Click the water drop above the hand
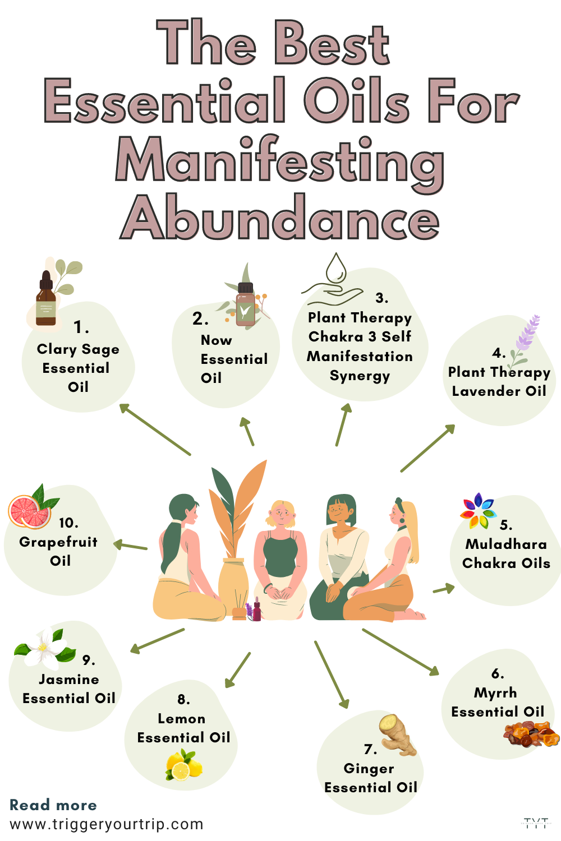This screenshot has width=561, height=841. [337, 267]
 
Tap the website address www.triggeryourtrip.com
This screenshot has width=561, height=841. [107, 824]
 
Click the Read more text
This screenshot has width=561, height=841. [53, 805]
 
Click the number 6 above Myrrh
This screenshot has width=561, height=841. [498, 673]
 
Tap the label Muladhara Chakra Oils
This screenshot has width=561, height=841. [506, 553]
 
